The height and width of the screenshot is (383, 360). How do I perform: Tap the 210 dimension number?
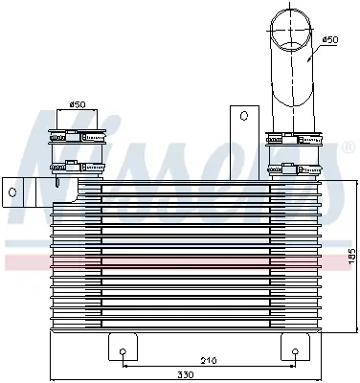(x=208, y=361)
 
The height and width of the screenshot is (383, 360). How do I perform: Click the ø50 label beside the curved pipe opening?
(x=328, y=40)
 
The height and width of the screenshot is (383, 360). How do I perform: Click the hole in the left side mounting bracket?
(x=12, y=191)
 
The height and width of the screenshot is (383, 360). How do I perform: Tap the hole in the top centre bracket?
(x=243, y=116)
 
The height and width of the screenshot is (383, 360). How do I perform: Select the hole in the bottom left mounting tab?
(x=123, y=351)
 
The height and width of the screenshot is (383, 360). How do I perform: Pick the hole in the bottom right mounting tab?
(x=292, y=351)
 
